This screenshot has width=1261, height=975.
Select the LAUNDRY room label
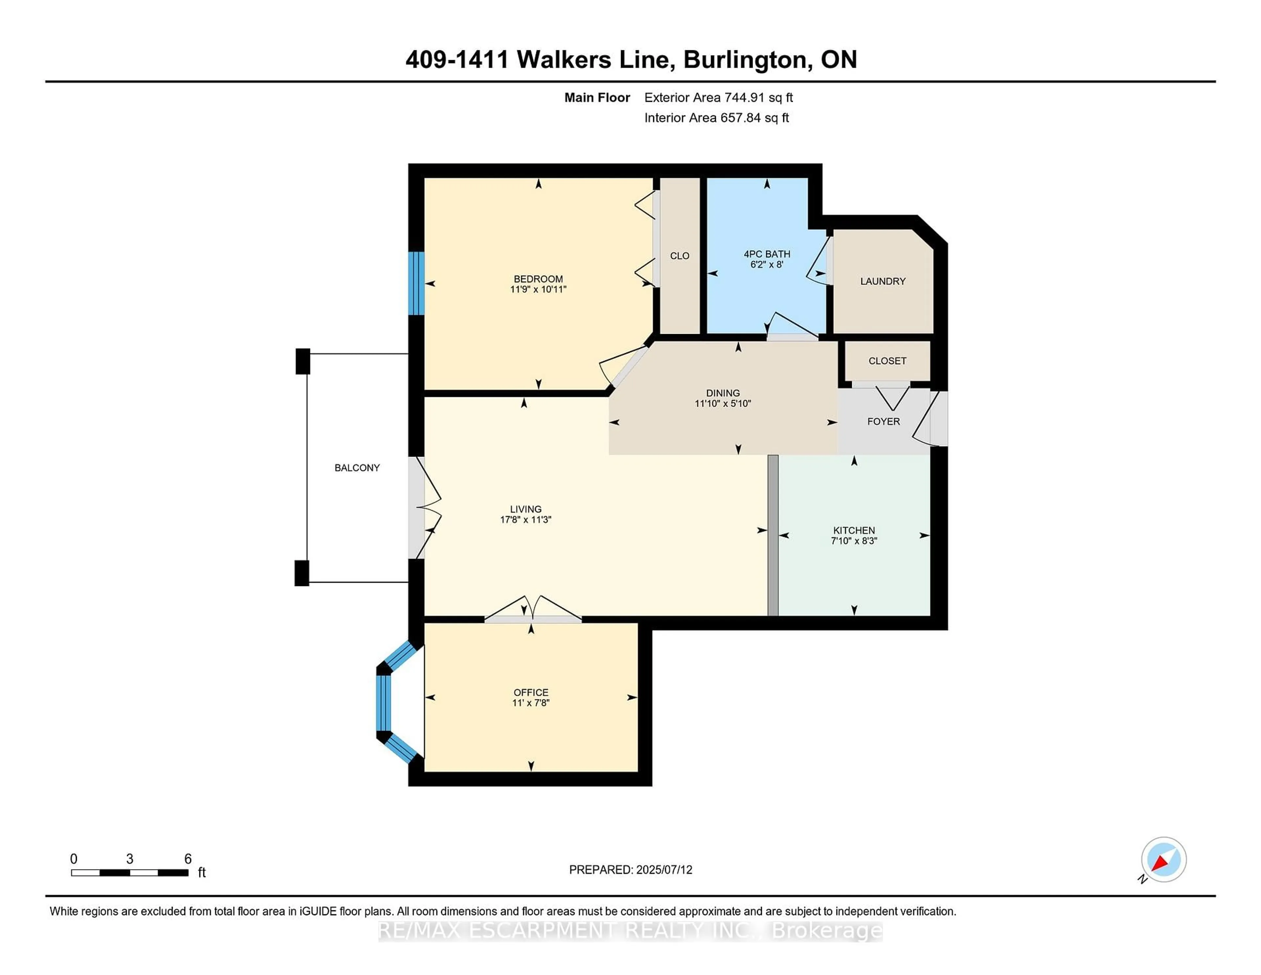click(882, 281)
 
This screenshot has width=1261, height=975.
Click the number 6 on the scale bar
click(188, 859)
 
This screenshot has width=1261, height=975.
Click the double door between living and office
click(532, 618)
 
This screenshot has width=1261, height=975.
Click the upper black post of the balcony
click(302, 362)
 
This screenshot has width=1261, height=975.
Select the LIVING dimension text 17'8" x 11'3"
click(525, 520)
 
